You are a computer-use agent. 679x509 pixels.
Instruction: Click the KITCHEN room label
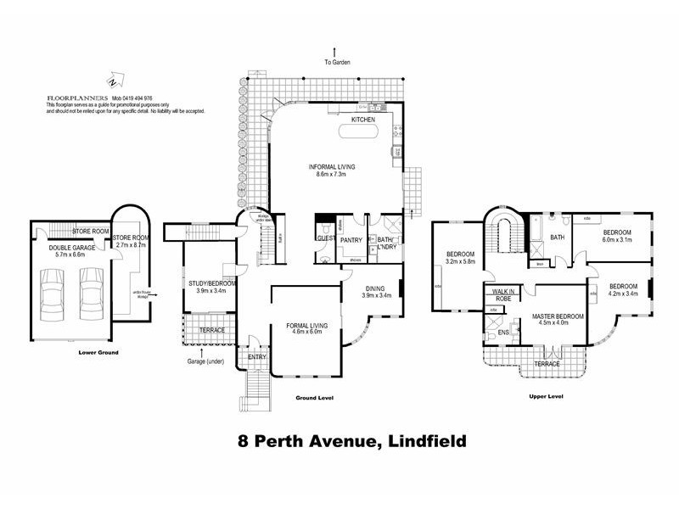pyautogui.click(x=362, y=120)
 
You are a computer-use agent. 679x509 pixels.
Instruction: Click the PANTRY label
pyautogui.click(x=351, y=240)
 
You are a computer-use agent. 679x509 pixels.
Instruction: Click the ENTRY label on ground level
pyautogui.click(x=257, y=356)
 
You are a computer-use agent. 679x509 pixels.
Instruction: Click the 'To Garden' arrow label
pyautogui.click(x=337, y=62)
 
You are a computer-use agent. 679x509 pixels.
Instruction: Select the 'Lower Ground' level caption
pyautogui.click(x=98, y=351)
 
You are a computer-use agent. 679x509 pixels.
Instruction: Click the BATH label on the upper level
pyautogui.click(x=558, y=238)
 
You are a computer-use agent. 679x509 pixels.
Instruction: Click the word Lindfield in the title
pyautogui.click(x=410, y=441)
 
